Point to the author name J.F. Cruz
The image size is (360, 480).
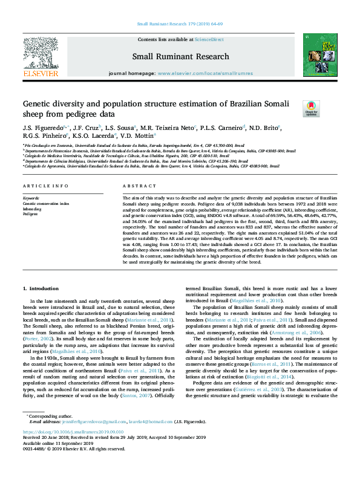(85, 128)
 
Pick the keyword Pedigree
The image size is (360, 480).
(30, 214)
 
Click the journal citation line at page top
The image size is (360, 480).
(180, 25)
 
